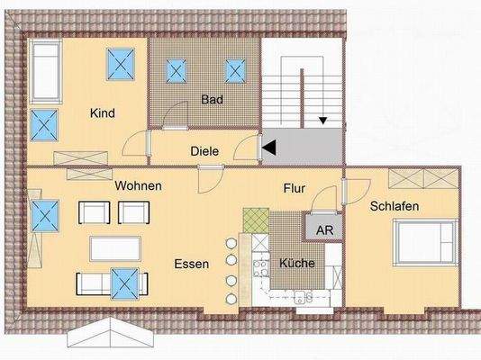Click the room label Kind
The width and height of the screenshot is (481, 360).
pos(102,113)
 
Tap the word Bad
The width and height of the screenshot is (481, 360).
pos(211,99)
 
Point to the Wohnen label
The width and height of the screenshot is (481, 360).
pos(138,186)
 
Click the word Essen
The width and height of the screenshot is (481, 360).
pos(193,265)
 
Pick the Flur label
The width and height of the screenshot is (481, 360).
pos(294,189)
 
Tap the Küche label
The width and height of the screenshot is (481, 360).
pos(295,264)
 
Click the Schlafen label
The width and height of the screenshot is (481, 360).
pos(395,206)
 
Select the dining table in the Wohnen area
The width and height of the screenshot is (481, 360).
pos(115,247)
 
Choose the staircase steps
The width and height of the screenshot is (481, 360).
pos(295,94)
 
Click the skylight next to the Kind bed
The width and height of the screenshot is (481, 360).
pos(119,64)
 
